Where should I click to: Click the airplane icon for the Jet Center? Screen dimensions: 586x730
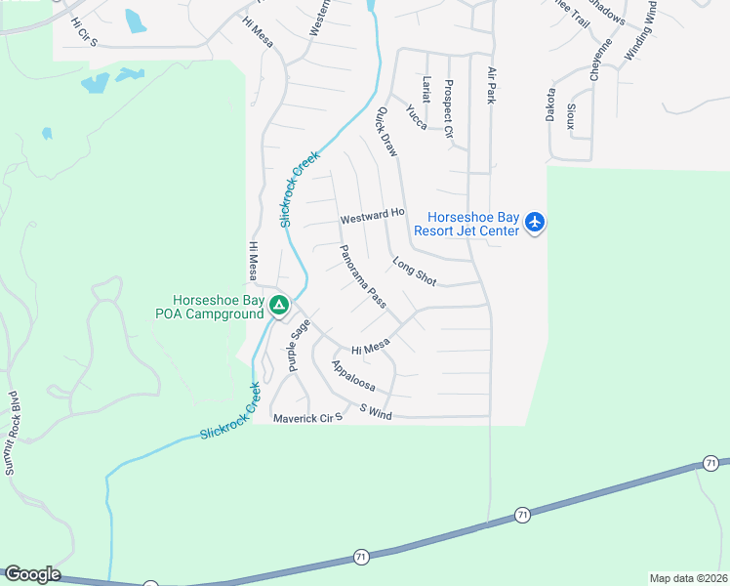[x=534, y=223]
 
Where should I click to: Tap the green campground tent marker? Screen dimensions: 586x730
[x=279, y=307]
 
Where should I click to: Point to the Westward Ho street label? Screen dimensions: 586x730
[x=372, y=214]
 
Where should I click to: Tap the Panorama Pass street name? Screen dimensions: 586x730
[x=363, y=277]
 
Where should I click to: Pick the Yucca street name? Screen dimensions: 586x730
[x=417, y=117]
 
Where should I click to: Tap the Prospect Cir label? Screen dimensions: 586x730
[x=449, y=108]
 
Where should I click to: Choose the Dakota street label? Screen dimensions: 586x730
[x=550, y=105]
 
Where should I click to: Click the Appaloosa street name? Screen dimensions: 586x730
[x=353, y=376]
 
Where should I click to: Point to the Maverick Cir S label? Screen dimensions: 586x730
[x=307, y=418]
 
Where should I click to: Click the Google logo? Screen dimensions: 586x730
[x=31, y=574]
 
